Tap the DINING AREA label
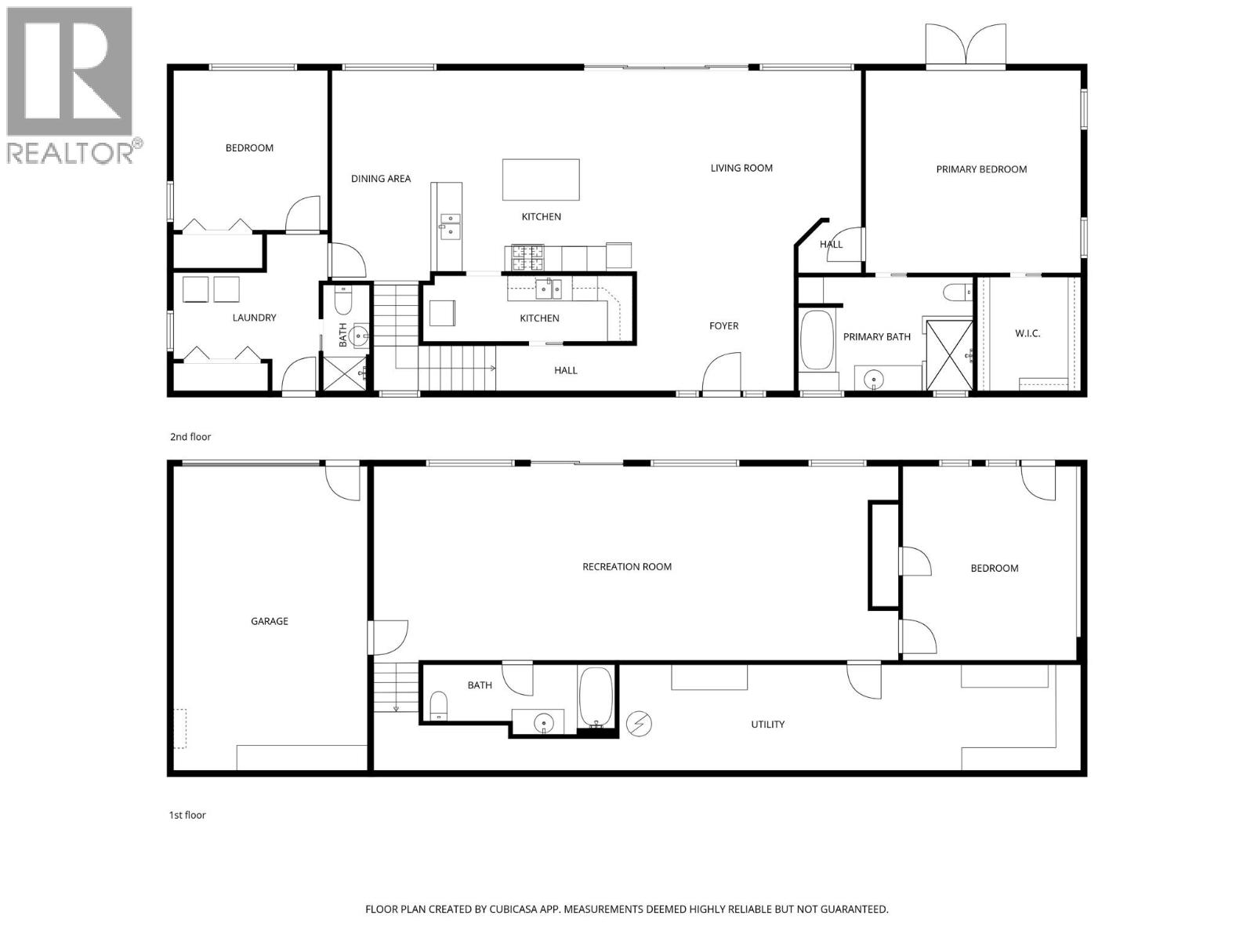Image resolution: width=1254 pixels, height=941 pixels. pyautogui.click(x=381, y=179)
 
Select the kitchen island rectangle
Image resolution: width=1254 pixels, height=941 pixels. pyautogui.click(x=541, y=180)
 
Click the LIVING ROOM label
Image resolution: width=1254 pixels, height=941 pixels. pyautogui.click(x=741, y=168)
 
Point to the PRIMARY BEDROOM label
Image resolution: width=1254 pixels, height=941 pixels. pyautogui.click(x=981, y=169)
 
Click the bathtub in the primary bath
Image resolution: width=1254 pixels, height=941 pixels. pyautogui.click(x=817, y=340)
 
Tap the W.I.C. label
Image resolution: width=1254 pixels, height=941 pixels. pyautogui.click(x=1027, y=333)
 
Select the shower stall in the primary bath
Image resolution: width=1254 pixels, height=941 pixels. pyautogui.click(x=949, y=354)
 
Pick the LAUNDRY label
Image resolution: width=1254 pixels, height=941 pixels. pyautogui.click(x=254, y=318)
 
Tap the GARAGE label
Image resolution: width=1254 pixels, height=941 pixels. pyautogui.click(x=270, y=621)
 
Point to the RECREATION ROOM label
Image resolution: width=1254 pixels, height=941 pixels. pyautogui.click(x=627, y=567)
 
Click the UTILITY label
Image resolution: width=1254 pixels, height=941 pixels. pyautogui.click(x=767, y=725)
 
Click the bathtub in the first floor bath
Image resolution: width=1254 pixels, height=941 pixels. pyautogui.click(x=596, y=697)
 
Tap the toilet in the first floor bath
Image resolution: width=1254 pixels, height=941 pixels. pyautogui.click(x=439, y=704)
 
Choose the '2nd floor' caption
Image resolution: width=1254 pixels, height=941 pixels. pyautogui.click(x=190, y=437)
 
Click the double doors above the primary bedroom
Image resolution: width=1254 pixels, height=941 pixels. pyautogui.click(x=966, y=45)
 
